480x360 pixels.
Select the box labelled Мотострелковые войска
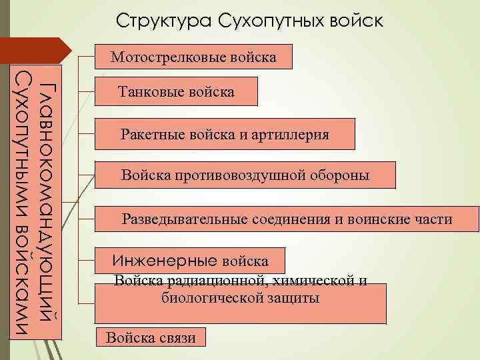[x=193, y=57]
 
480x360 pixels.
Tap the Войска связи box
[x=151, y=337]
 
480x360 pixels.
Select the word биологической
[x=207, y=298]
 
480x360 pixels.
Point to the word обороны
[x=341, y=175]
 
